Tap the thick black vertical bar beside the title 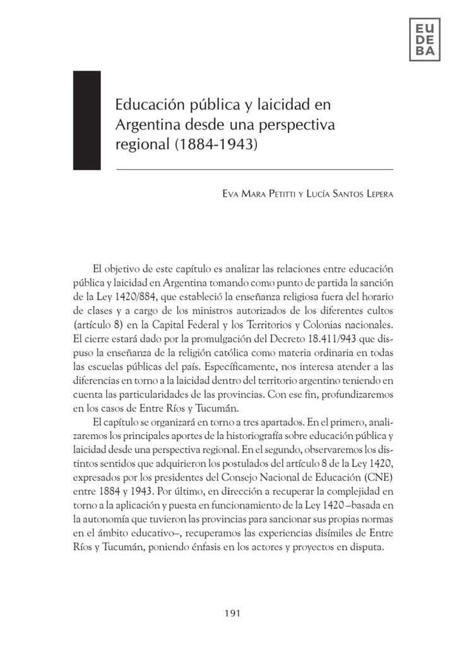click(87, 120)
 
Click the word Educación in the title click(144, 105)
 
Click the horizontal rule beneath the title click(254, 170)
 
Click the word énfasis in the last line click(237, 547)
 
